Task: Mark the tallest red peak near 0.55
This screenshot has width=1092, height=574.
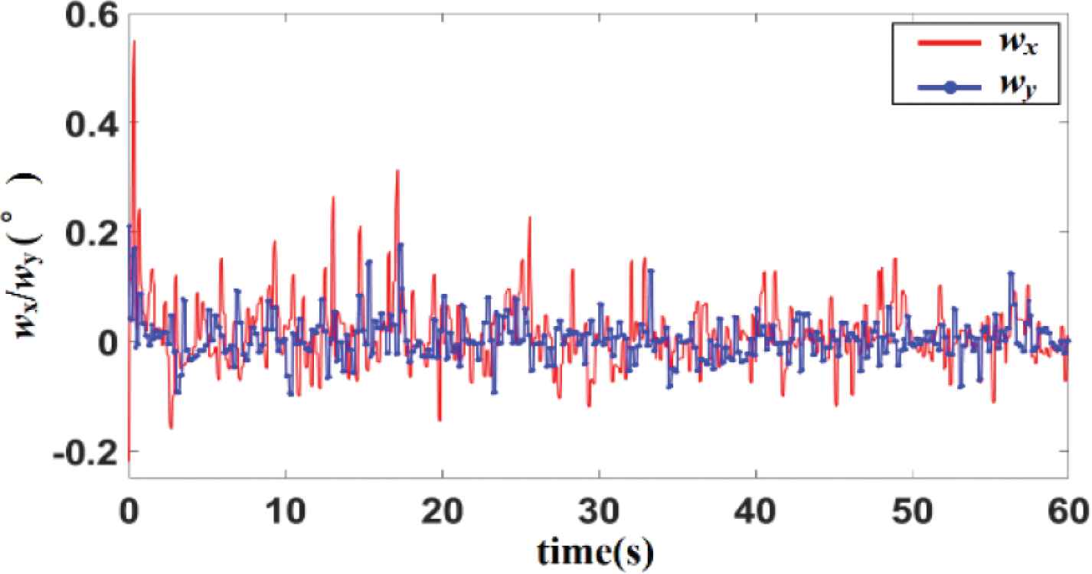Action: tap(134, 41)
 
